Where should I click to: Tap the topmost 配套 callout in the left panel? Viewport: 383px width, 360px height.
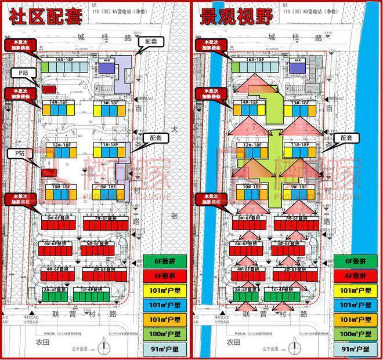(147, 43)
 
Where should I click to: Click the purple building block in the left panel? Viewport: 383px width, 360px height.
(105, 68)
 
